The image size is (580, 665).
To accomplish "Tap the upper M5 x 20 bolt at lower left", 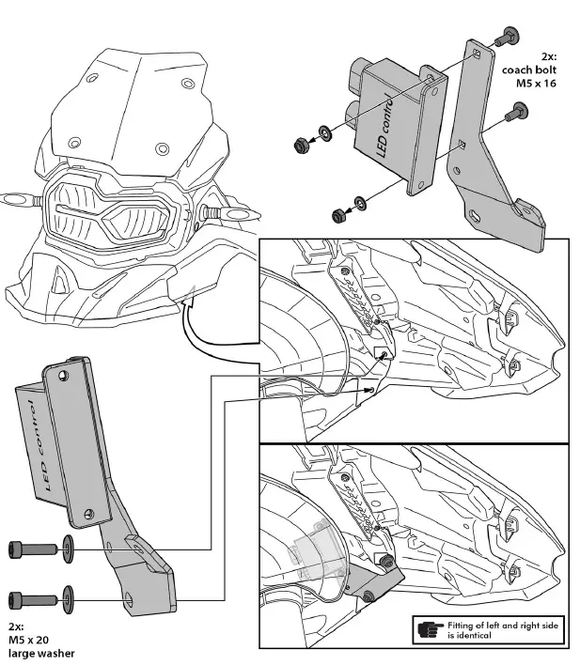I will coord(31,547).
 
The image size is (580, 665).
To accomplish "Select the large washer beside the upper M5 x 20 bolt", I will coord(69,547).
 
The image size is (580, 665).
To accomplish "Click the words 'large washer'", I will coord(39,652).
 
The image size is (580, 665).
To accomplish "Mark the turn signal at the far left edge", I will coord(13,200).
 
